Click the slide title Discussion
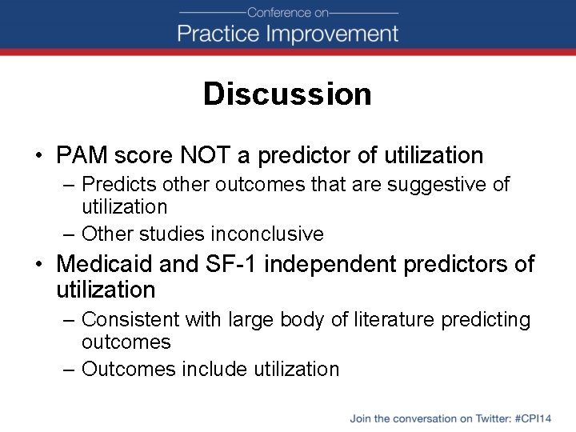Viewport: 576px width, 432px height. coord(287,94)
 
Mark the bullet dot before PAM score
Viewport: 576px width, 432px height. coord(39,156)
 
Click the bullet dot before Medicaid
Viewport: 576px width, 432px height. coord(39,264)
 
